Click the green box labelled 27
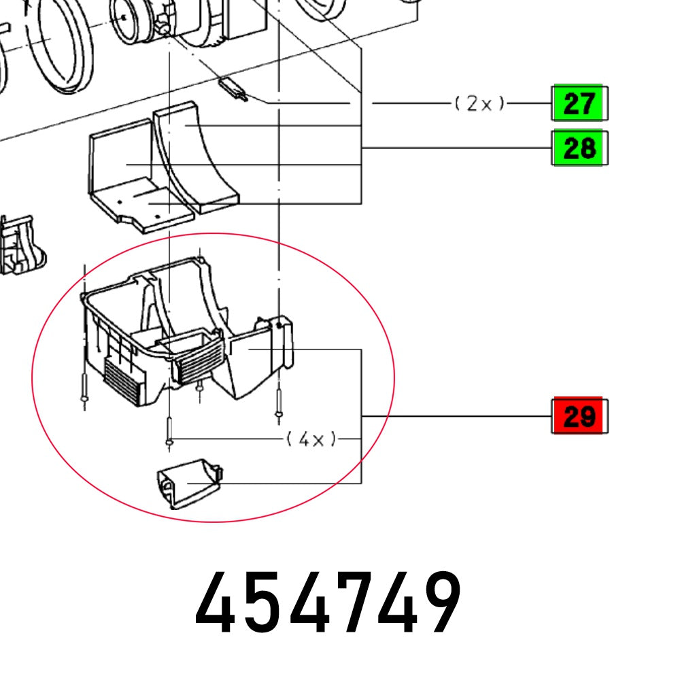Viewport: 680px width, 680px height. [579, 104]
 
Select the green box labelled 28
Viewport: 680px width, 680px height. [579, 148]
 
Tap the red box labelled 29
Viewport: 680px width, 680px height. [579, 415]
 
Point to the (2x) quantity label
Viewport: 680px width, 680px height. [480, 103]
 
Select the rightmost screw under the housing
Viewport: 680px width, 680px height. [278, 404]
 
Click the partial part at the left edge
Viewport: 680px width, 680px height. [20, 245]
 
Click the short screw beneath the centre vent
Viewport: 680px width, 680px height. [199, 388]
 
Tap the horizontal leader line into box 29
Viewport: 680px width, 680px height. [456, 415]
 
